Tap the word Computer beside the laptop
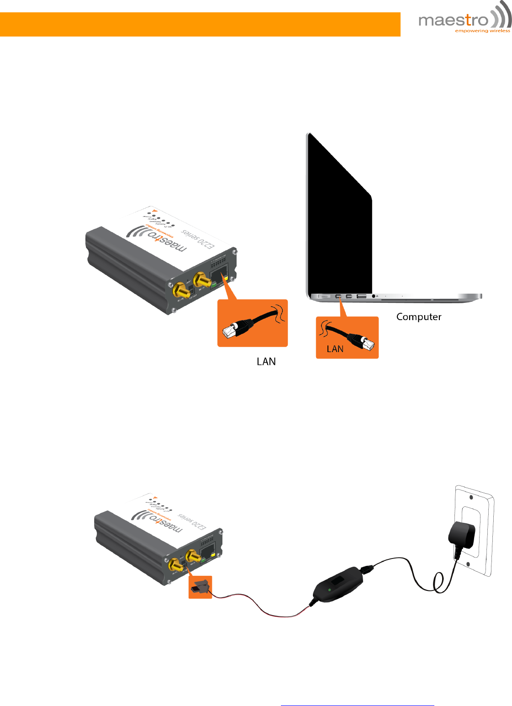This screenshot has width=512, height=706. tap(419, 317)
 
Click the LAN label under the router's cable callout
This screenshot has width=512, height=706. tap(266, 362)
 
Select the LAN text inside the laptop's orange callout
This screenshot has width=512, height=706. tap(335, 349)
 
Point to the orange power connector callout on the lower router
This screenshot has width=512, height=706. tap(201, 587)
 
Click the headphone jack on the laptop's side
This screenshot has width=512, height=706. tap(374, 296)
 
